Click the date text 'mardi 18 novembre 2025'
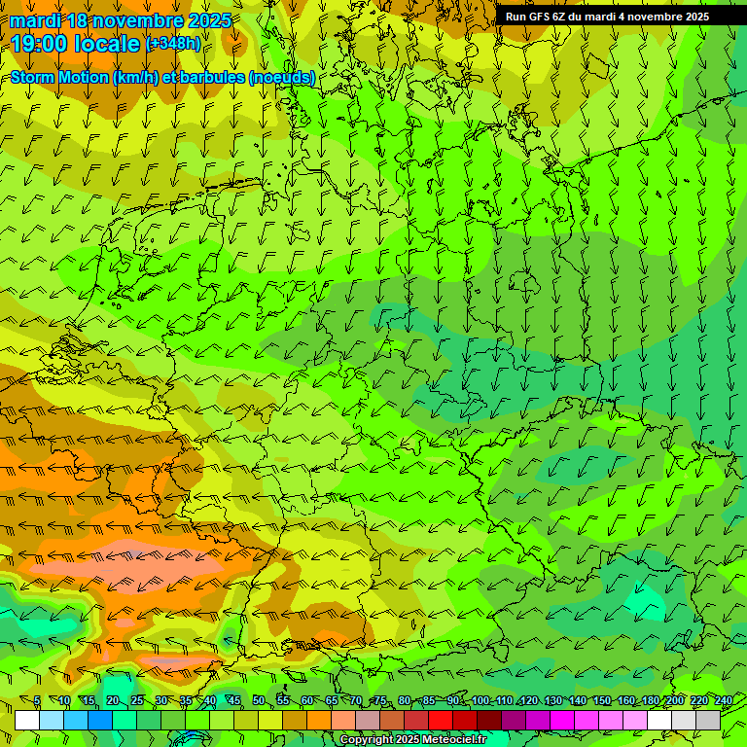[121, 20]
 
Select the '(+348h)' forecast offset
[173, 44]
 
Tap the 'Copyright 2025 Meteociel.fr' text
[412, 740]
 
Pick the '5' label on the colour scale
[37, 701]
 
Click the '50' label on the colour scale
[258, 701]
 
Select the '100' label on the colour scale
[480, 701]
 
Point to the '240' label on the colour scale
[724, 701]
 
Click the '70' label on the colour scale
[356, 701]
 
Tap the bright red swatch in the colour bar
[441, 720]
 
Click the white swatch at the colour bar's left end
[27, 720]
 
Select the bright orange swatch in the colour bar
[319, 720]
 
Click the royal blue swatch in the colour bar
[100, 720]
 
